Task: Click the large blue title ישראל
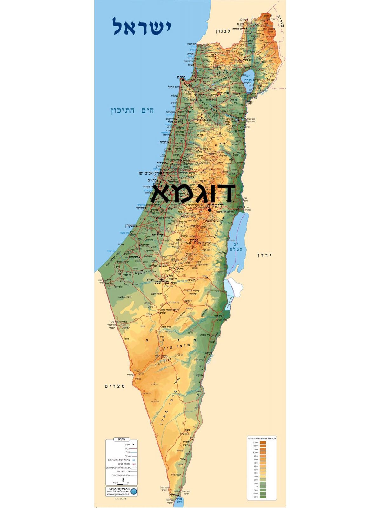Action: (x=142, y=27)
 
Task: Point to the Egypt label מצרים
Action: (x=115, y=386)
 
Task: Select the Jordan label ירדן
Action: (x=265, y=255)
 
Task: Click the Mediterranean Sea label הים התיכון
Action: (x=132, y=111)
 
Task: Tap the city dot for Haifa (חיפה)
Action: (x=183, y=80)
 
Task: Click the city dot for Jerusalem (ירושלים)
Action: (x=210, y=210)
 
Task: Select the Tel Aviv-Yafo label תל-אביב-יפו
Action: (x=149, y=173)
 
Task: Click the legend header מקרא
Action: (x=121, y=439)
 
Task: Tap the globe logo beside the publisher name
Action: (x=133, y=492)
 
